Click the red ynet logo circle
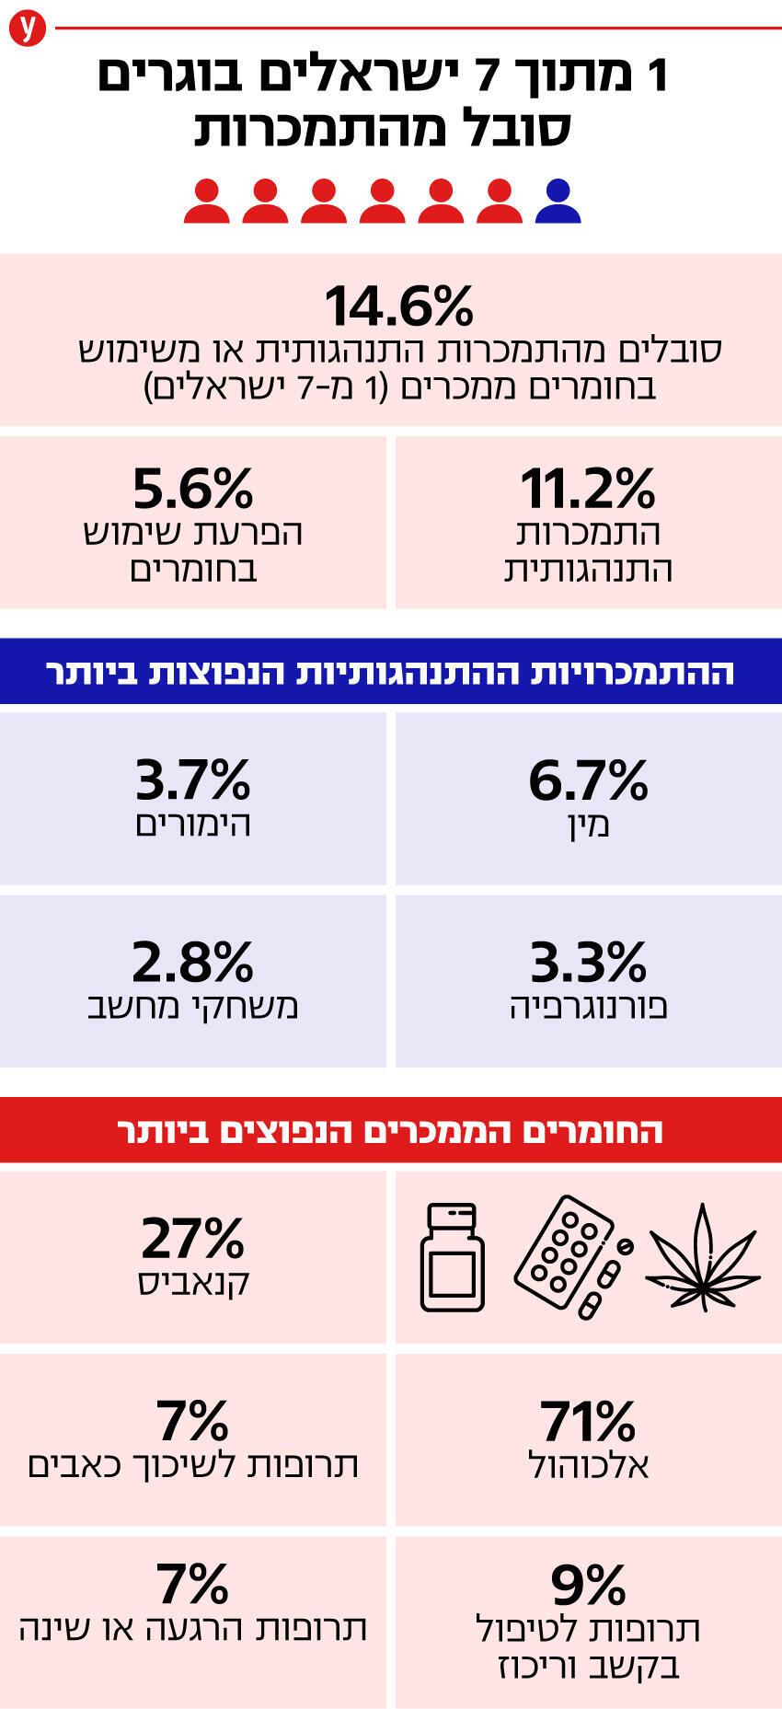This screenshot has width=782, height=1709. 28,29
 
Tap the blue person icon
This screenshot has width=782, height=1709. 558,202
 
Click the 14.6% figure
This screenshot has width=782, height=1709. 398,306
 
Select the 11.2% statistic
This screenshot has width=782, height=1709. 588,489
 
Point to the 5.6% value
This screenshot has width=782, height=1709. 192,489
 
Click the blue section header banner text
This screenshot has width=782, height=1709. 390,672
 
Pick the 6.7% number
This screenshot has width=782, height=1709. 588,780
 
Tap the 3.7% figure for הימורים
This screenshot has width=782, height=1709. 192,780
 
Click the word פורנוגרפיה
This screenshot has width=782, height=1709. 588,1006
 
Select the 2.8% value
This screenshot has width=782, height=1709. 192,963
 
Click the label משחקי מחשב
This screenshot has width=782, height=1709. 192,1006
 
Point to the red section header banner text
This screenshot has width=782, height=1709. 390,1130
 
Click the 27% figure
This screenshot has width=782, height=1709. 192,1238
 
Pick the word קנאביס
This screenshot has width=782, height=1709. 192,1282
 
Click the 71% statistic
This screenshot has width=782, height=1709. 588,1421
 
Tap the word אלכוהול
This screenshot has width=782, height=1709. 588,1464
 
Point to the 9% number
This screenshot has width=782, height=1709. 588,1585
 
